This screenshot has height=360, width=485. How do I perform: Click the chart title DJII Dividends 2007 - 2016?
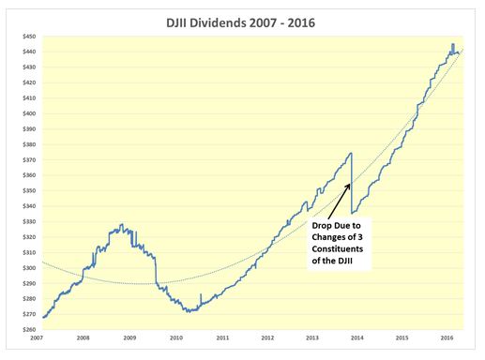click(240, 23)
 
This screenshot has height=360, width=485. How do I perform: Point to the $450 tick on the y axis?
click(29, 37)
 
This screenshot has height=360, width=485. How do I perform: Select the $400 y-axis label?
click(29, 113)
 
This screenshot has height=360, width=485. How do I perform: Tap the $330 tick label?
click(29, 221)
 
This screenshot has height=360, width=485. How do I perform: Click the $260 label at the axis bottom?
click(29, 329)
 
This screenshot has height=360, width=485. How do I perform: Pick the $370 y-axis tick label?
click(29, 159)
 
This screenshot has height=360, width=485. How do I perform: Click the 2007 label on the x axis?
click(38, 337)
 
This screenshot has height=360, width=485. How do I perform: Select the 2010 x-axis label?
click(176, 337)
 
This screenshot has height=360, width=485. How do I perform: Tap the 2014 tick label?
click(357, 337)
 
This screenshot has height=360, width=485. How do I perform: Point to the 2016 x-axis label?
click(447, 337)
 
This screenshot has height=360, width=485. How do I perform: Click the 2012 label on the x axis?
click(267, 337)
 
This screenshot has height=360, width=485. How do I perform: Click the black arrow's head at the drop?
click(349, 185)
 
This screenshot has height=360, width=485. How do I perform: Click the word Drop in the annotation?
click(322, 226)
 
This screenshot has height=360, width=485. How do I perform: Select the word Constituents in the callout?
click(338, 249)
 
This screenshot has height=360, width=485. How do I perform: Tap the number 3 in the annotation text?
click(360, 237)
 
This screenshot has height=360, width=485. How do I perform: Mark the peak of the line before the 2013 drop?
click(352, 153)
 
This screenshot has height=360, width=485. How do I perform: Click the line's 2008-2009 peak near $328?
click(122, 224)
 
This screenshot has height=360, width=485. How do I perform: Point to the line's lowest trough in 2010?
click(189, 312)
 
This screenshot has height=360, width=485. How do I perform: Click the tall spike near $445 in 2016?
click(453, 44)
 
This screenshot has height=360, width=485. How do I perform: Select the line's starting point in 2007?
click(43, 317)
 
